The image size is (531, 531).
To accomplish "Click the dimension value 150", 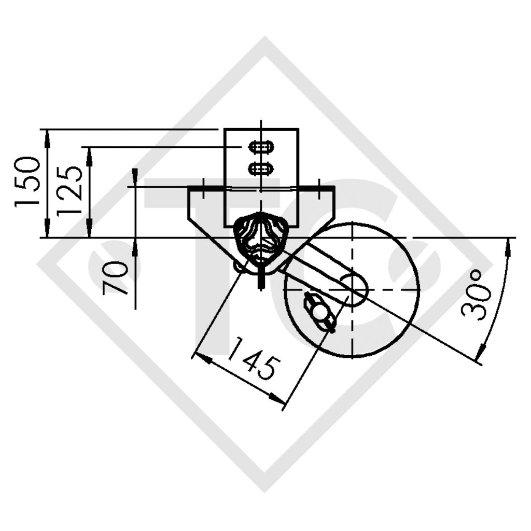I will tap(27, 181).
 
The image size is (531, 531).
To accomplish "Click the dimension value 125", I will tap(69, 191).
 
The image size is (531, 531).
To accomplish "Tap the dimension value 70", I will tap(115, 278).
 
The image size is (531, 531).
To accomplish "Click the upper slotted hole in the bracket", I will tap(261, 148).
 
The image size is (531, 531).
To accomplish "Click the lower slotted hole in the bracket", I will tap(261, 168).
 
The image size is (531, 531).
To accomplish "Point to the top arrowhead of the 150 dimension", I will tap(47, 136).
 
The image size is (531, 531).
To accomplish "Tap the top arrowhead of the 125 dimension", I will tap(89, 155).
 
